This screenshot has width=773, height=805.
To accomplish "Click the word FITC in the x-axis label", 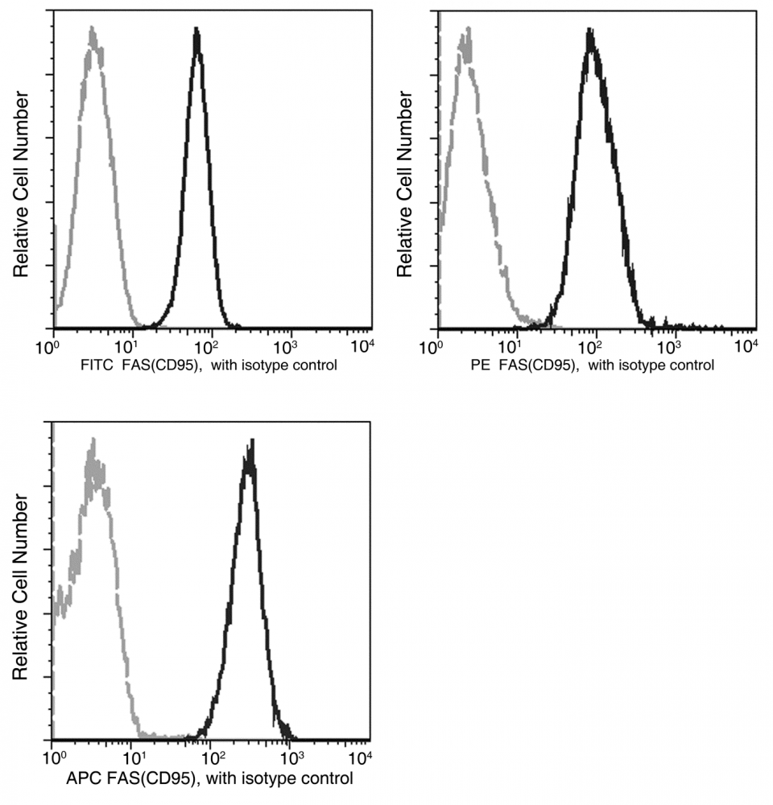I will (x=96, y=365).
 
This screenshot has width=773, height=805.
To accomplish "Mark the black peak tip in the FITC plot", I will (x=196, y=30).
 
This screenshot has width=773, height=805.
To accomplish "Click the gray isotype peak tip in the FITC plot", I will (x=93, y=29).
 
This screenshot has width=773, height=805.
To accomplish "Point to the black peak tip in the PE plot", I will (x=590, y=32).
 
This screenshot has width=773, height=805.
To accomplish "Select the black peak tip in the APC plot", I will (x=252, y=442).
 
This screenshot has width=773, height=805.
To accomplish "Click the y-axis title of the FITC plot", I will (x=22, y=184).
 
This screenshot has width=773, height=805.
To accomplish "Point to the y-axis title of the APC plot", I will (x=22, y=592).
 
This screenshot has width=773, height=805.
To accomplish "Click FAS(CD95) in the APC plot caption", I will (x=154, y=778).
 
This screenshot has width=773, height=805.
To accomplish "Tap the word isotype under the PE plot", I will (x=635, y=365).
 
